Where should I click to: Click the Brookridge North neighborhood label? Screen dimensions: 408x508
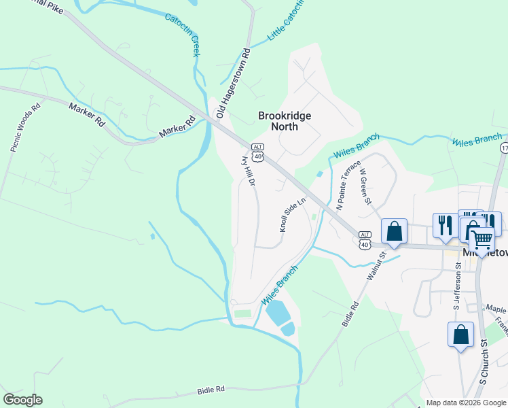tap(285, 121)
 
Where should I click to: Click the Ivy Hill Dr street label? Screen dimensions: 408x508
tap(248, 170)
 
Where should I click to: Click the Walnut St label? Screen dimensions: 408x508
tap(376, 266)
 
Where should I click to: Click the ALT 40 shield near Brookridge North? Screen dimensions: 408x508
tap(257, 152)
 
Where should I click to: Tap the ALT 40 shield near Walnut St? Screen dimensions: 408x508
tap(365, 239)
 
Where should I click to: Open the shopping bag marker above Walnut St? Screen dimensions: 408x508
tap(394, 231)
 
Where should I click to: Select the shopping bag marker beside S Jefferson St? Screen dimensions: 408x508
tap(460, 335)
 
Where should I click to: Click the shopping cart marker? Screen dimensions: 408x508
tap(481, 239)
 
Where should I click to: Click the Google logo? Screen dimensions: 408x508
tap(22, 400)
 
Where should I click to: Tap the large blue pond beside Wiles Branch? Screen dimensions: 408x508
tap(278, 313)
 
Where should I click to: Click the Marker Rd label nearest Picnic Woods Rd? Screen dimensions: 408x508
tap(87, 114)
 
